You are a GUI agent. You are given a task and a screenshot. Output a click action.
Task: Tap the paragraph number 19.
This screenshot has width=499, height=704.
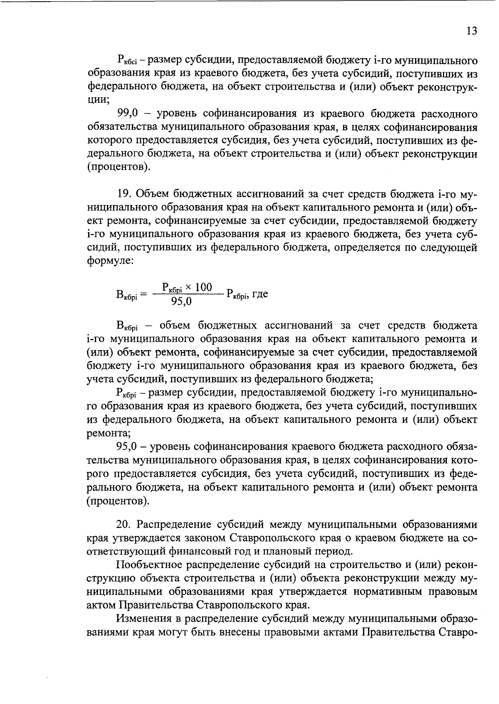(x=125, y=194)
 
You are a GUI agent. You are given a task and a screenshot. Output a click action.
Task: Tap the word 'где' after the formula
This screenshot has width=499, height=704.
(x=260, y=294)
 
